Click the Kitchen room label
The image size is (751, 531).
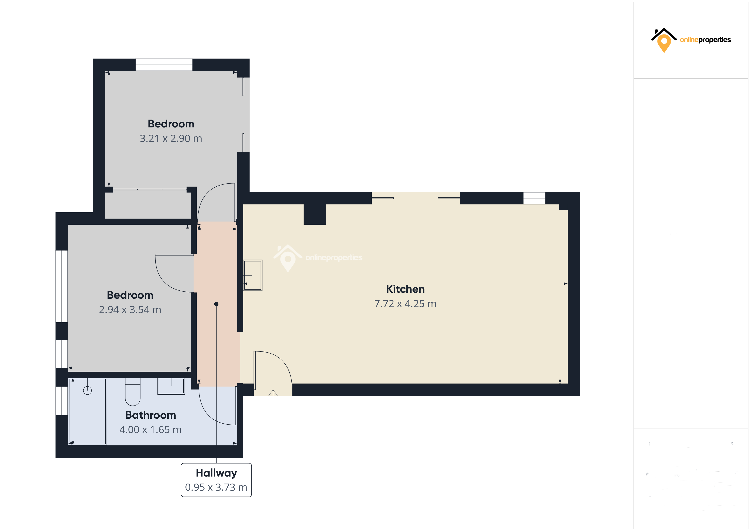405,289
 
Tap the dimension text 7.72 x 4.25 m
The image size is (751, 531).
405,304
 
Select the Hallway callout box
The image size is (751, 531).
216,480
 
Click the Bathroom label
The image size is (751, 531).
150,415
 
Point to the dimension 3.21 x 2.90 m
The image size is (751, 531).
171,138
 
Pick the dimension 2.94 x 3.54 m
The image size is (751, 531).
130,310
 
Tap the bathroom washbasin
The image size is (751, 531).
171,386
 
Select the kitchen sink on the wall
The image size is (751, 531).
253,275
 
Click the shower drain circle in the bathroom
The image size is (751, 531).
87,390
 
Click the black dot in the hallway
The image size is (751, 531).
216,304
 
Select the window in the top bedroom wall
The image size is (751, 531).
164,65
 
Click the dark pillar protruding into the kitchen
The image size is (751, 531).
315,214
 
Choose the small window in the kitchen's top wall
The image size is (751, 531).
534,198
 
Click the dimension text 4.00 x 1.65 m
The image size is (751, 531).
150,430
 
